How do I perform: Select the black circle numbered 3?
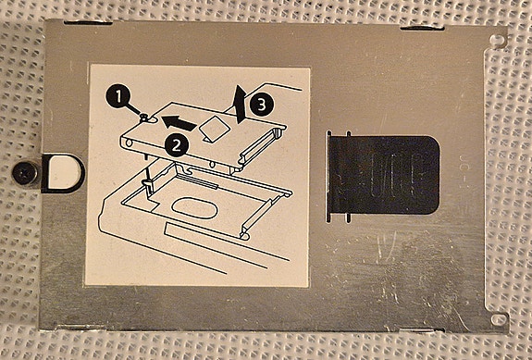tap(264, 106)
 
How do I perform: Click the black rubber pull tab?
tap(381, 172)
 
